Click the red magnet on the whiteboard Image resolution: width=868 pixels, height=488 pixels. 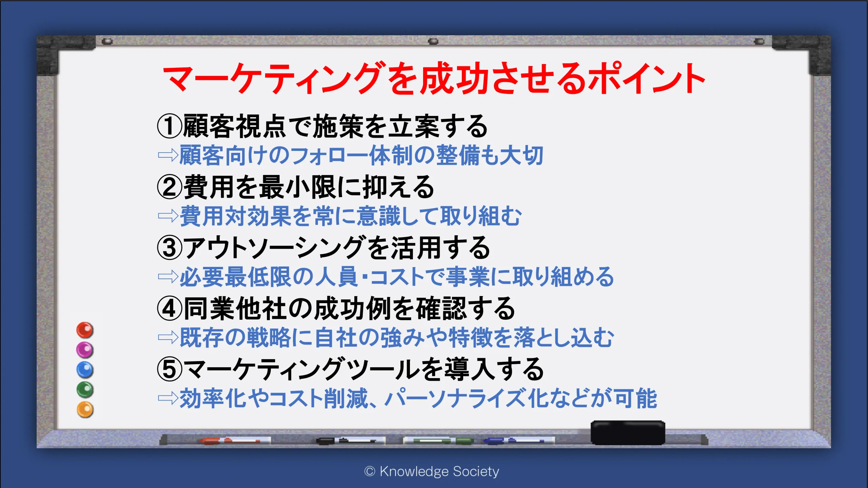pos(85,330)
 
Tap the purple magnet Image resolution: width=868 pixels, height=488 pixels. pos(85,350)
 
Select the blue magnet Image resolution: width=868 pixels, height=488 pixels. pos(85,370)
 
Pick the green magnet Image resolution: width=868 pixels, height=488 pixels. pos(85,389)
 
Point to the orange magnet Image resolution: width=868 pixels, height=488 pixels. pos(85,409)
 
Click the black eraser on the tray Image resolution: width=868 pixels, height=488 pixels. pos(628,432)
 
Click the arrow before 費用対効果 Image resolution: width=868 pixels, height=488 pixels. pos(168,216)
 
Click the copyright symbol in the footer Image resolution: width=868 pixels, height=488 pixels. pos(370,471)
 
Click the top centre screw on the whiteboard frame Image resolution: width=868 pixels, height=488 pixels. pos(433,41)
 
